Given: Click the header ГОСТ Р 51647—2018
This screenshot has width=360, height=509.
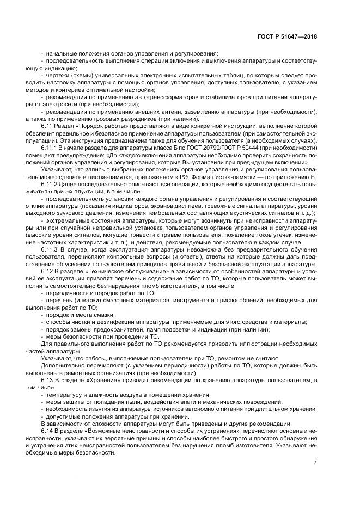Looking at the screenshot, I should [286, 37].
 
